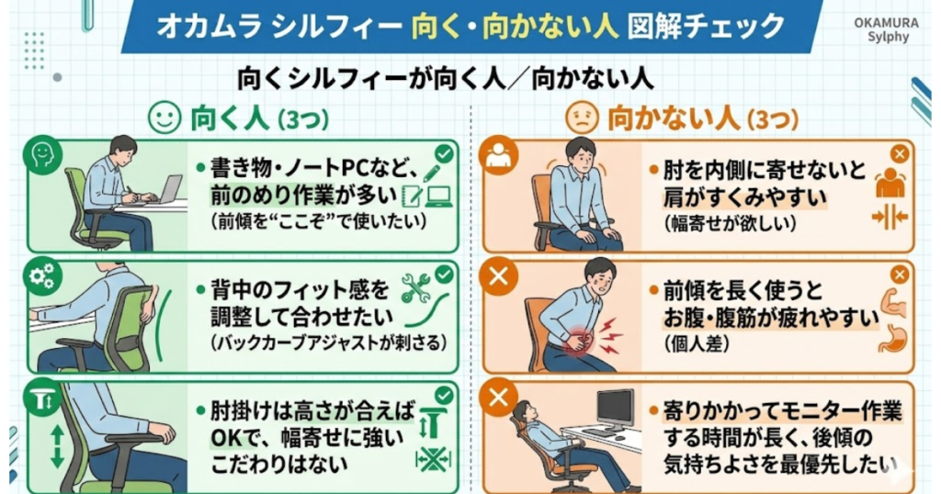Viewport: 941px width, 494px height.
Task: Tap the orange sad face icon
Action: (x=581, y=118)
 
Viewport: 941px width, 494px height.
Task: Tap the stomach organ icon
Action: (x=891, y=339)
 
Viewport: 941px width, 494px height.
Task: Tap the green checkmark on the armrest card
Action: (x=444, y=395)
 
